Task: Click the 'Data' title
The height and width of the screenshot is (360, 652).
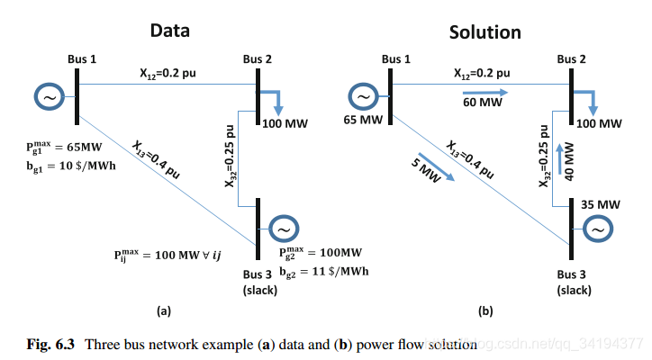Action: coord(169,31)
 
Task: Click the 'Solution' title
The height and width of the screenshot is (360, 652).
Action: coord(484,32)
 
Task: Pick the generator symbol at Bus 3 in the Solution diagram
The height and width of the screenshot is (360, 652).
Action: coord(596,230)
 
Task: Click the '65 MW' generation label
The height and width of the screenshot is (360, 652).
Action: coord(364,120)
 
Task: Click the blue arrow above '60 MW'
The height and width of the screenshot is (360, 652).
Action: coord(485,92)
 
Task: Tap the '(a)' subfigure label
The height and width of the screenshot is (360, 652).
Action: coord(163,311)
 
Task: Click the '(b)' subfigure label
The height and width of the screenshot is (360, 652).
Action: coord(485,311)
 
